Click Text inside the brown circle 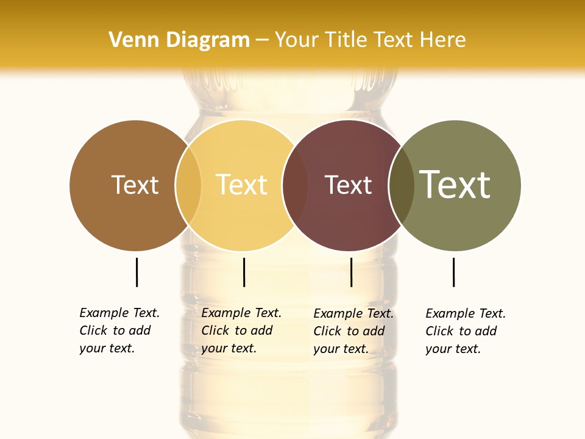click(135, 185)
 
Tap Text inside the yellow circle click(242, 185)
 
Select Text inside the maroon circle click(348, 185)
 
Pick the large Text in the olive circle click(455, 184)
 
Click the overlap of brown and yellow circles click(188, 185)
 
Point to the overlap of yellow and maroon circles click(295, 185)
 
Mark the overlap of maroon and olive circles click(402, 185)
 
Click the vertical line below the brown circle click(136, 272)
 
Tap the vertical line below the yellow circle click(244, 272)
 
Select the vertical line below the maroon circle click(351, 272)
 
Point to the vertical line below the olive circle click(453, 272)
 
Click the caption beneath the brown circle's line click(119, 330)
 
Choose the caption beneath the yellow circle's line click(241, 330)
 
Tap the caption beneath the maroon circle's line click(353, 331)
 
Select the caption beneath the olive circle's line click(465, 331)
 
